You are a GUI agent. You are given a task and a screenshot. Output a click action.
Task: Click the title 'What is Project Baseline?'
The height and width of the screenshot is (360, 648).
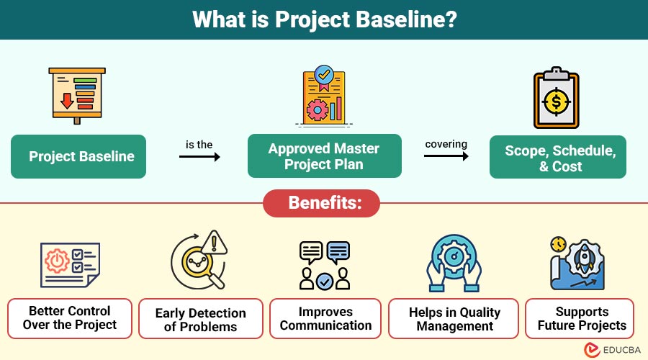pos(324,19)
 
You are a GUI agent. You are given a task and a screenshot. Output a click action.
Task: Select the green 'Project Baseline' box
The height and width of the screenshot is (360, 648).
pos(78,156)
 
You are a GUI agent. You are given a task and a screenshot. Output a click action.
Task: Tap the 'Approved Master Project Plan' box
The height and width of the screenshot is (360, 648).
pos(324,156)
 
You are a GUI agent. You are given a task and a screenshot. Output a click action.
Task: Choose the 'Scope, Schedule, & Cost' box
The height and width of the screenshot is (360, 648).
pos(558,158)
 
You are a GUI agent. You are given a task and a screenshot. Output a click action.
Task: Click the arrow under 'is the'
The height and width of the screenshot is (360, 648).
pos(199,156)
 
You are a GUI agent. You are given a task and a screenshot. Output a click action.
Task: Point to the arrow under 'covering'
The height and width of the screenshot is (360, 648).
pos(446,156)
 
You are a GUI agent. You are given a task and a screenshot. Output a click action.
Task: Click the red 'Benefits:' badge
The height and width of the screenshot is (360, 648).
pos(324,203)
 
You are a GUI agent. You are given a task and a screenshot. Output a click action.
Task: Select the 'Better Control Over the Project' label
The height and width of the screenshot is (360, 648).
pos(70,318)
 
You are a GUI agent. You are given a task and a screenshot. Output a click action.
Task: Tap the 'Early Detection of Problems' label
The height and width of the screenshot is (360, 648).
pos(200,319)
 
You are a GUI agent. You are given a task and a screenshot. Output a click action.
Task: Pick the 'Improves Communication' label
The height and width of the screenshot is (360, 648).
pos(325,318)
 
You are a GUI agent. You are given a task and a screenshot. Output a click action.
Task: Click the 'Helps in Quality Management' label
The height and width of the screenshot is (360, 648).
pos(454,318)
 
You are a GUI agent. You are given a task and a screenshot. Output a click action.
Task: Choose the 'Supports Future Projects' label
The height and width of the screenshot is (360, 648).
pos(581,318)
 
